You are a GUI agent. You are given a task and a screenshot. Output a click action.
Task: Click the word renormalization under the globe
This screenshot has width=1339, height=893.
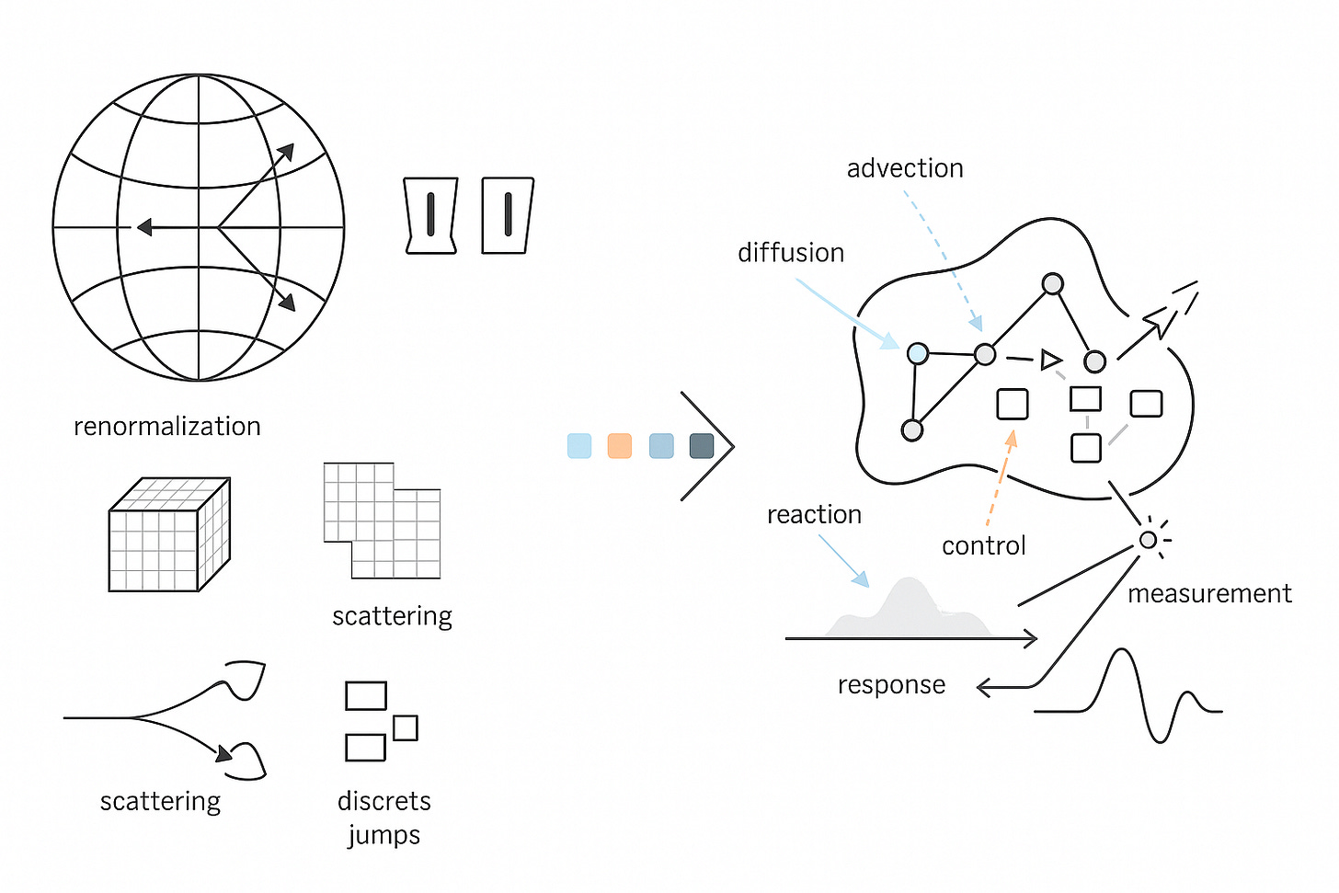click(x=166, y=426)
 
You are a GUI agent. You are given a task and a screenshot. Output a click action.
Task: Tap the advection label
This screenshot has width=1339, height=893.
click(x=905, y=168)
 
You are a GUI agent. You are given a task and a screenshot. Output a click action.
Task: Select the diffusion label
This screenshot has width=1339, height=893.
click(x=791, y=253)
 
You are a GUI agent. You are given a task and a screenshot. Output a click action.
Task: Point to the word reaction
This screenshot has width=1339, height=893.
click(x=814, y=514)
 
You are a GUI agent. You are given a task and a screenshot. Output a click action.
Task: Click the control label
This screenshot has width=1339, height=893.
click(x=983, y=545)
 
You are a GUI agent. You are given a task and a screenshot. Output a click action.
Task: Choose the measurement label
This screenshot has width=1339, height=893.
click(x=1209, y=593)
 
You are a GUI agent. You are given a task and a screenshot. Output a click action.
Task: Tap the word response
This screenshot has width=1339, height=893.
click(x=891, y=685)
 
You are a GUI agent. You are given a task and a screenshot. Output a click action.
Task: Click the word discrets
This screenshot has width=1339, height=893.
click(x=383, y=801)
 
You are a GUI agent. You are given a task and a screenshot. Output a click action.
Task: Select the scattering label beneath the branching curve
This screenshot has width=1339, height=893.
click(x=160, y=801)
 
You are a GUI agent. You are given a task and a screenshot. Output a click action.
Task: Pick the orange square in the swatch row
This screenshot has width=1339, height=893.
click(x=620, y=446)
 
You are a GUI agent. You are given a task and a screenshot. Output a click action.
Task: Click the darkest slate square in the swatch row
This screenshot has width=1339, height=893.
click(x=702, y=446)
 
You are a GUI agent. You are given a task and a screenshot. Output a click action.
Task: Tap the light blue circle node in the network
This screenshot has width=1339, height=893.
click(x=918, y=353)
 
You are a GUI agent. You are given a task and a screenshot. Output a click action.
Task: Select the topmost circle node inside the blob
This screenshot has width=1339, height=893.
click(x=1053, y=284)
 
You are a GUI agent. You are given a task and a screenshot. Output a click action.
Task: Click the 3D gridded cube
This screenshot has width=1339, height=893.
click(x=169, y=534)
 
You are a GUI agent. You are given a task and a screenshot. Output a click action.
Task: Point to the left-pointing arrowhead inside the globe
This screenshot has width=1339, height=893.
click(x=144, y=226)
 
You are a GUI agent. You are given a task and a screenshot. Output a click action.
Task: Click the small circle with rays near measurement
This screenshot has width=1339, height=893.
click(x=1148, y=540)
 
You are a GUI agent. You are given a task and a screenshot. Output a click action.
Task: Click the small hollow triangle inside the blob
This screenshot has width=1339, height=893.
click(x=1050, y=360)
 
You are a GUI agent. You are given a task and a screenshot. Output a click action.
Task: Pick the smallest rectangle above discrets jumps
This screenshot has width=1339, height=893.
click(x=406, y=728)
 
